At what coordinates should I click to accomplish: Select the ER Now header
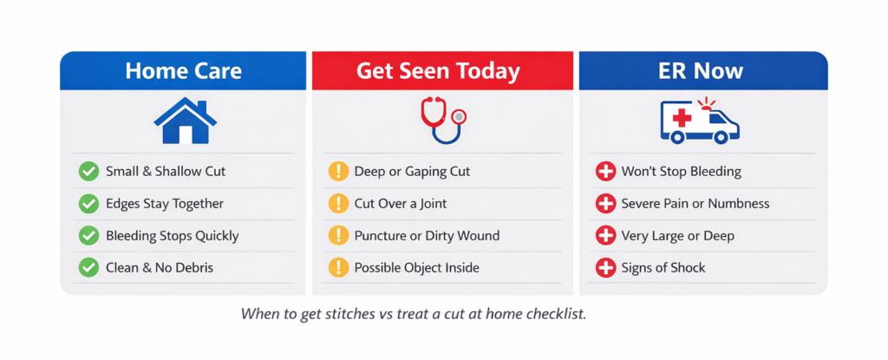point(701,71)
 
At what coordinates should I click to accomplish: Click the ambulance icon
point(699,121)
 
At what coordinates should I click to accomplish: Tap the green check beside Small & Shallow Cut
point(88,172)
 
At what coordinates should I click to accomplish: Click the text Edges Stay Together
point(165,204)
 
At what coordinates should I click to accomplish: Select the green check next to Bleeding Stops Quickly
point(88,236)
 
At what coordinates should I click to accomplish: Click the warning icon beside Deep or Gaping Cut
point(338,172)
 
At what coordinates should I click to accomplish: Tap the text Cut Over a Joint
point(400,204)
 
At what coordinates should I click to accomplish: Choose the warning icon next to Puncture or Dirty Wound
point(338,236)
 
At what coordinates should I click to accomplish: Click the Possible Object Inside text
point(416,268)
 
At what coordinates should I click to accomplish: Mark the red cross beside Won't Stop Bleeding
point(605,172)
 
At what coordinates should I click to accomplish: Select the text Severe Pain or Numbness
point(695,204)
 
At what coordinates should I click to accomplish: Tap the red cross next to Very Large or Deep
point(605,236)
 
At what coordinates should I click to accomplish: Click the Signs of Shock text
point(663,268)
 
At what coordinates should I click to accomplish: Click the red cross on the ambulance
point(681,118)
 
